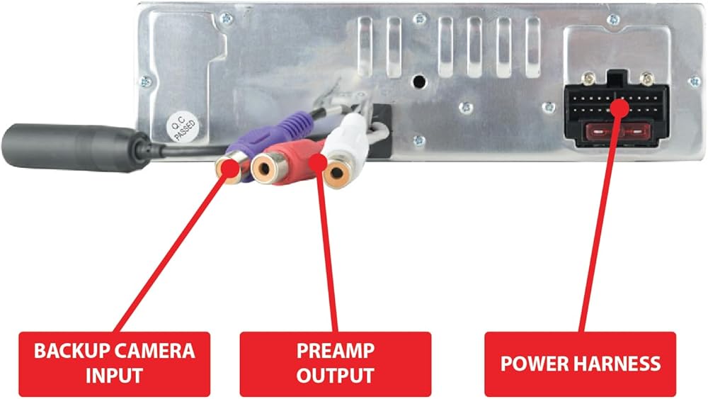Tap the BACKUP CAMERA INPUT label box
click(115, 363)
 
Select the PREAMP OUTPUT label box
click(336, 363)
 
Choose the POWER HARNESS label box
click(580, 364)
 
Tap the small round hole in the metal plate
click(419, 81)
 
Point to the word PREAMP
click(336, 351)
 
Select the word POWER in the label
click(528, 364)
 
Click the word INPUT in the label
click(115, 376)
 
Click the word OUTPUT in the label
click(336, 376)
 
